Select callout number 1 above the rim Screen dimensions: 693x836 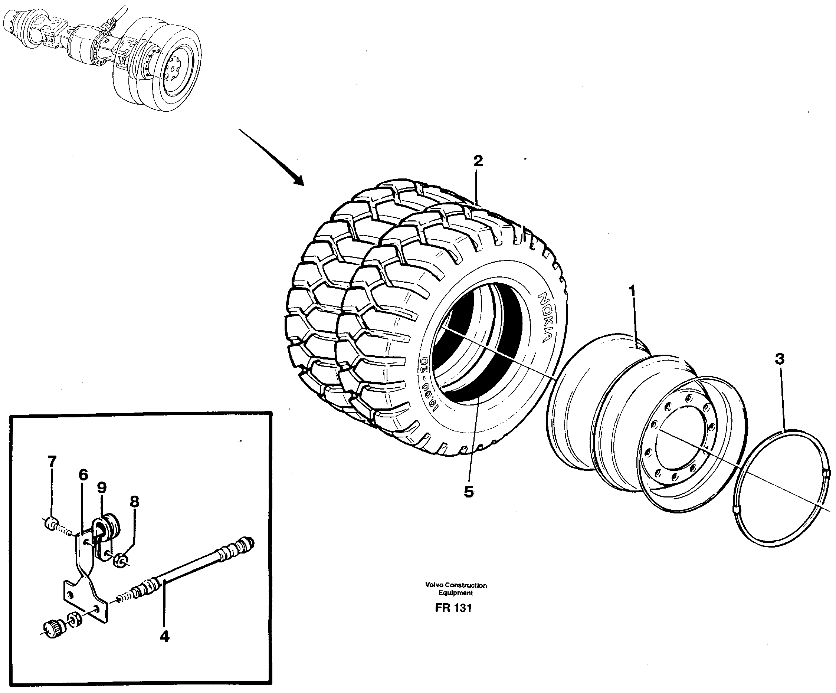632,291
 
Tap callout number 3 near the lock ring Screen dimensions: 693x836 780,359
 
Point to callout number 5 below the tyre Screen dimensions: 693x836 469,492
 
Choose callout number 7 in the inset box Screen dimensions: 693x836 52,462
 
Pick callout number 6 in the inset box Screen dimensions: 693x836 83,475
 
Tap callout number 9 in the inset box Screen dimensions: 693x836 102,487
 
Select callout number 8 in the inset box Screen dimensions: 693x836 135,502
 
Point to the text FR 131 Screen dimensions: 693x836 453,608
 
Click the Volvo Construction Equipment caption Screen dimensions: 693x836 456,589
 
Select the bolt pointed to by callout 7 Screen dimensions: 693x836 52,524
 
